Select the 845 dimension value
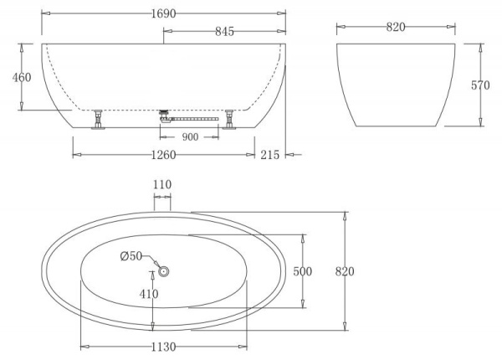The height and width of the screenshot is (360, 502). [224, 32]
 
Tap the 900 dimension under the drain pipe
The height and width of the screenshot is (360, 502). [190, 137]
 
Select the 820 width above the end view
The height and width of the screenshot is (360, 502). [396, 27]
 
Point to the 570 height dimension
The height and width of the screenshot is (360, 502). [480, 85]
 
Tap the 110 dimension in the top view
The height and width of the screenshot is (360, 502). [162, 185]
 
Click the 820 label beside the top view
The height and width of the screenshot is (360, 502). [345, 271]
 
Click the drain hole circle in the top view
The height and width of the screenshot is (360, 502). [164, 271]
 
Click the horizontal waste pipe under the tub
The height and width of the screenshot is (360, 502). [192, 119]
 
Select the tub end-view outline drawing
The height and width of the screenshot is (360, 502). [396, 84]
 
